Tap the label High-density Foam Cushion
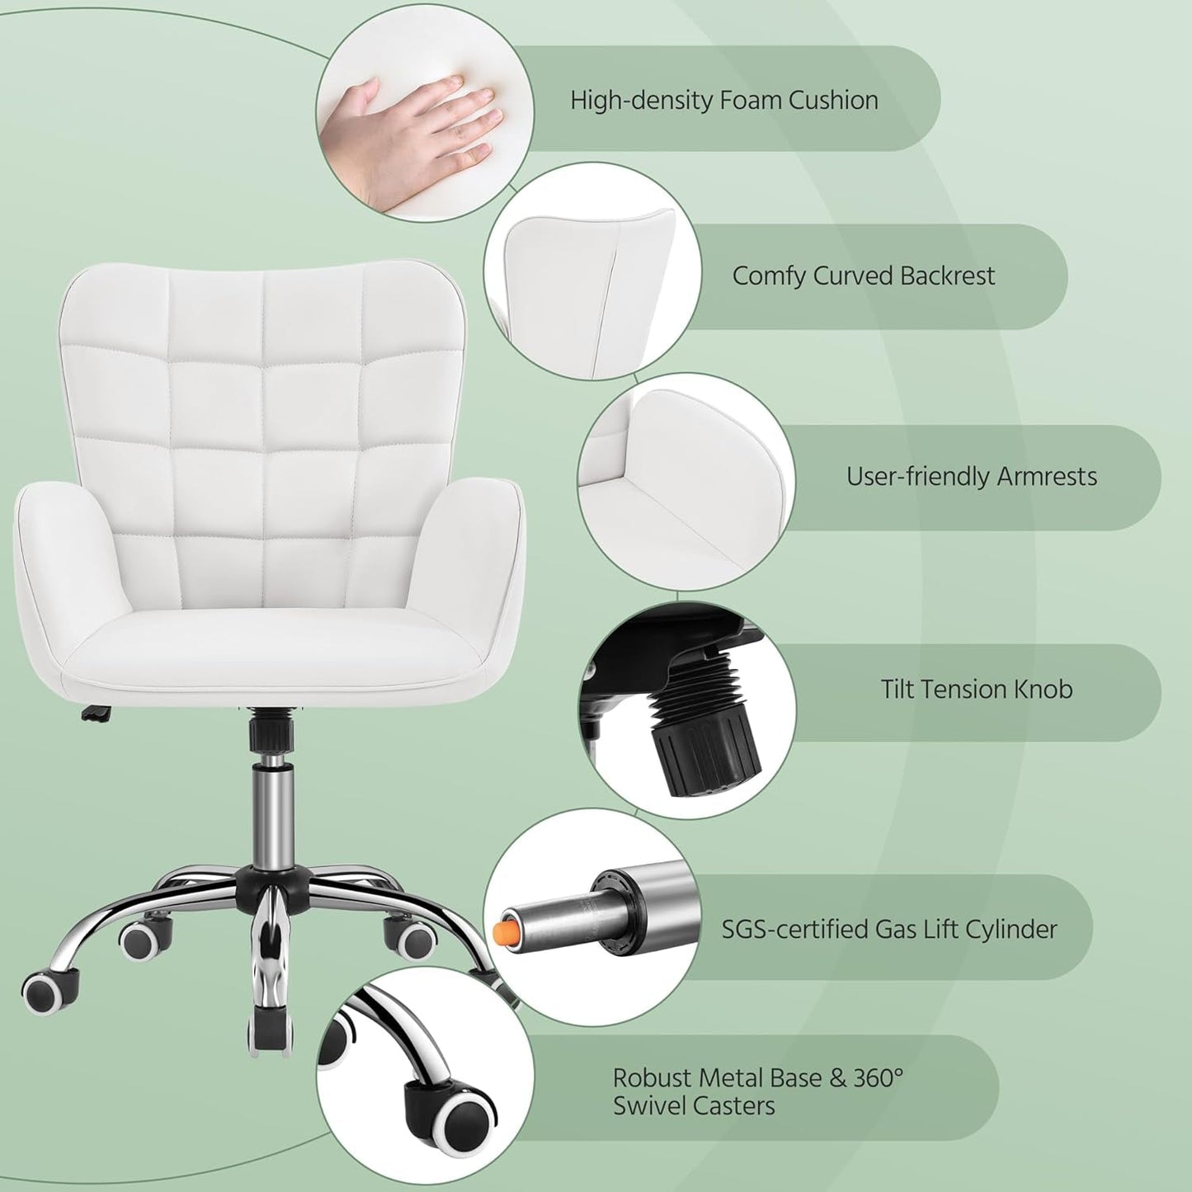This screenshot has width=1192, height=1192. [723, 100]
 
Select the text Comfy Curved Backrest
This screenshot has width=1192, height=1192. [863, 276]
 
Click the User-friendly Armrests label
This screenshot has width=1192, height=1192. [971, 477]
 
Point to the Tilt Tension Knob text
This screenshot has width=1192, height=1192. [976, 689]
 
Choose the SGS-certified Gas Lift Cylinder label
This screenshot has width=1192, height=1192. [888, 929]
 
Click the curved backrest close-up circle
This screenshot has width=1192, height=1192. [591, 272]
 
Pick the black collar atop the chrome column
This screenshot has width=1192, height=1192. [266, 733]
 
